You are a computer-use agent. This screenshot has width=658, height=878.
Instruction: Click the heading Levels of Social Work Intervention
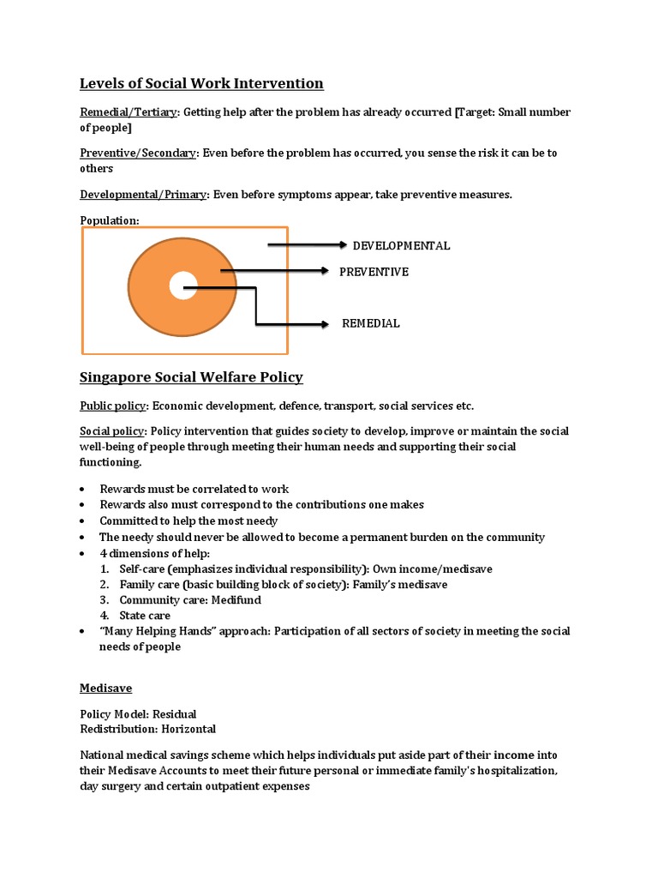pos(201,83)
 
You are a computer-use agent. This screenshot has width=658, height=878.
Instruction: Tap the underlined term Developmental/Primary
pos(143,194)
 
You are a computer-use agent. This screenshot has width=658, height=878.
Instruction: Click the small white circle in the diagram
pos(183,285)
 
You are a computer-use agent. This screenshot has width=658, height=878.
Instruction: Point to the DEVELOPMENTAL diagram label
pos(401,245)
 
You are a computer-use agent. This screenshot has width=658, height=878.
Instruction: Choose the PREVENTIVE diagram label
pos(374,272)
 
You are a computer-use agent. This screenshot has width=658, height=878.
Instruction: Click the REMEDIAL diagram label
pos(370,323)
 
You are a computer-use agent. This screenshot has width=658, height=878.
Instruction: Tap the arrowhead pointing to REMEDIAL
pos(324,324)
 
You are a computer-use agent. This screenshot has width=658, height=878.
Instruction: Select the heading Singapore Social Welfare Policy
pos(191,377)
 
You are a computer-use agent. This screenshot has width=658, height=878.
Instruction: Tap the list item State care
pos(145,615)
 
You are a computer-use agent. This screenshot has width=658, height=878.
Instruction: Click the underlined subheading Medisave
pos(105,688)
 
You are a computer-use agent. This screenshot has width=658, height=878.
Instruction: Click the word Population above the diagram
pos(109,220)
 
